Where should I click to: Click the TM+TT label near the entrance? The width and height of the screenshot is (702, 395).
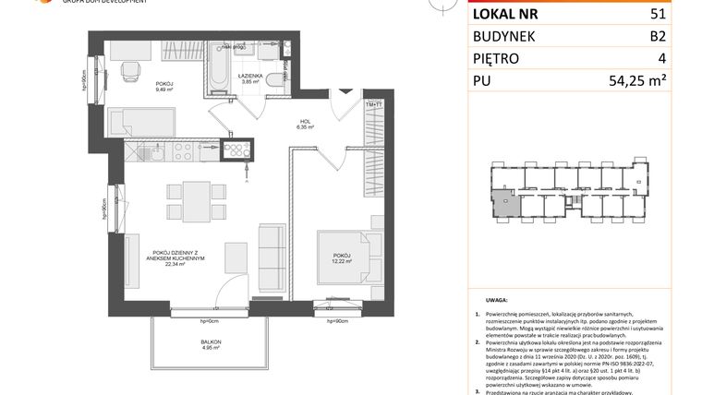click(x=374, y=106)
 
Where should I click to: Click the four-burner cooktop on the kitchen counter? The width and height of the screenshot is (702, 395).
click(x=237, y=150)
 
